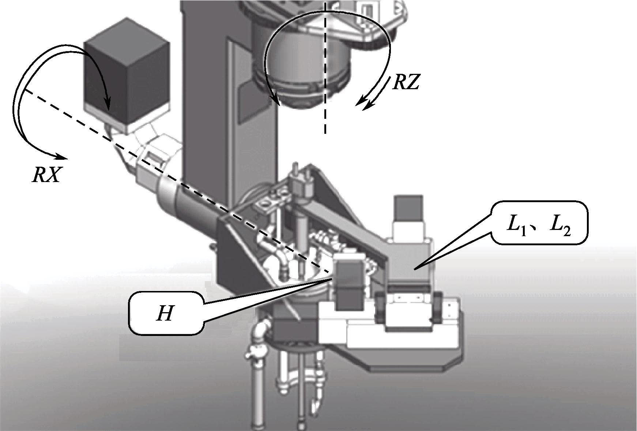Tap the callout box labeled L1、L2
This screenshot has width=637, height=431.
[539, 223]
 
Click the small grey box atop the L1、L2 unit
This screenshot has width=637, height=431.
[408, 208]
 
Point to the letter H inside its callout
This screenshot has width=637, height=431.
[164, 313]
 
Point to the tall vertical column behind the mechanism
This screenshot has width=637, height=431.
[205, 110]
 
